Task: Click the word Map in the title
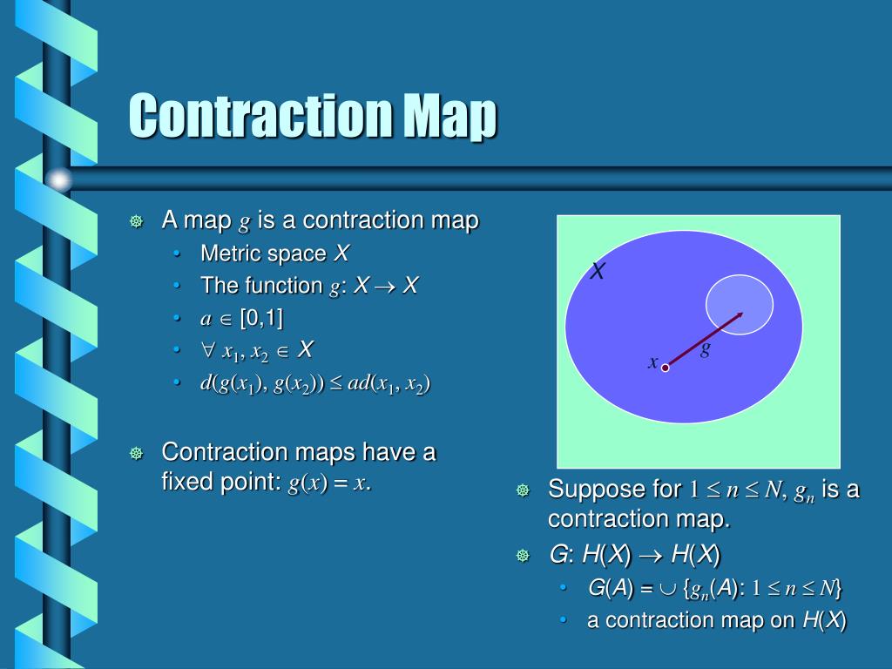(x=450, y=116)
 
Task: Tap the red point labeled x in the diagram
(x=665, y=368)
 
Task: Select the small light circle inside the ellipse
(x=740, y=304)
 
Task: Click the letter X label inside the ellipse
(x=598, y=273)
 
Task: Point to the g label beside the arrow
(x=706, y=348)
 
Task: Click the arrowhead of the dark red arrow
(x=739, y=314)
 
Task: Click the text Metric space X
(x=274, y=253)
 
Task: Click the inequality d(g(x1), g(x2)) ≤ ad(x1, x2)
(x=315, y=383)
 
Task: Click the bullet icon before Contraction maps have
(x=136, y=453)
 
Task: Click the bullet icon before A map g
(x=136, y=221)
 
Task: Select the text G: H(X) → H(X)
(x=635, y=555)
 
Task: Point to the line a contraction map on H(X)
(x=716, y=620)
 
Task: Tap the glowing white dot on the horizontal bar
(x=58, y=180)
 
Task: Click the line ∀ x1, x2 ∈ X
(x=257, y=351)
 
